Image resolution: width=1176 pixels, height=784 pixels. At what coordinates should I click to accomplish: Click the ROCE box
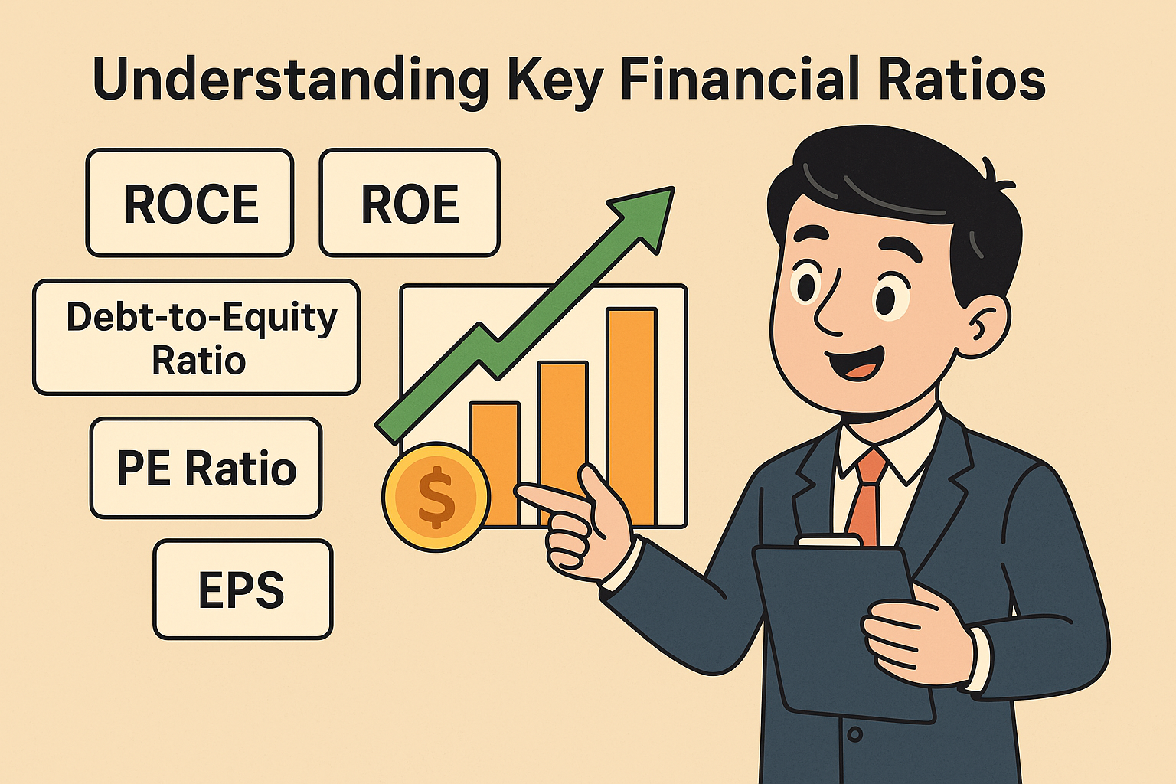click(x=190, y=203)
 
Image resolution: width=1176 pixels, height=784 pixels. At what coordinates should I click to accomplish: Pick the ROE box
click(x=410, y=203)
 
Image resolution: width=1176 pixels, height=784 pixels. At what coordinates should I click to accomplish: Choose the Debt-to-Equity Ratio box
click(x=196, y=337)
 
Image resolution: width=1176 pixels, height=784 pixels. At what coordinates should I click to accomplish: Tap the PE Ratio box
click(x=206, y=468)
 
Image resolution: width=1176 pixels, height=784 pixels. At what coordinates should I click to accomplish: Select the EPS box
click(x=243, y=590)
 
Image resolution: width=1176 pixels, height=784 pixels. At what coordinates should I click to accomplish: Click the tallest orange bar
click(x=632, y=416)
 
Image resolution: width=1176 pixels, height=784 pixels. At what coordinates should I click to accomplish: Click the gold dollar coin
click(x=436, y=497)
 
